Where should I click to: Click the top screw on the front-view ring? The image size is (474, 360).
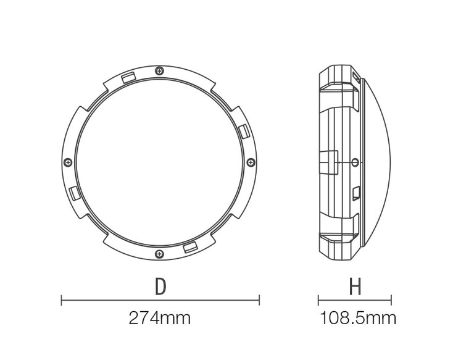[159, 72]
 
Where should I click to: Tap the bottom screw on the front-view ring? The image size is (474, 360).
[159, 254]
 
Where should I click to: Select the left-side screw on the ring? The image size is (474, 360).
[68, 162]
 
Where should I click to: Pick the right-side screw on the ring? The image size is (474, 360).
[251, 162]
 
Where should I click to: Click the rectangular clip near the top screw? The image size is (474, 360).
[128, 77]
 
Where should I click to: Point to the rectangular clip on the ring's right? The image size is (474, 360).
[244, 132]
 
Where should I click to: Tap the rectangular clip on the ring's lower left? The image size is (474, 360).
[74, 193]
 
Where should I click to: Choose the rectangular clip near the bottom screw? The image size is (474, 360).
[191, 248]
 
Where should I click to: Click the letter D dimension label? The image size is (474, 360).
[160, 287]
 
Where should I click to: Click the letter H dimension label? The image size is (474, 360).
[355, 287]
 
